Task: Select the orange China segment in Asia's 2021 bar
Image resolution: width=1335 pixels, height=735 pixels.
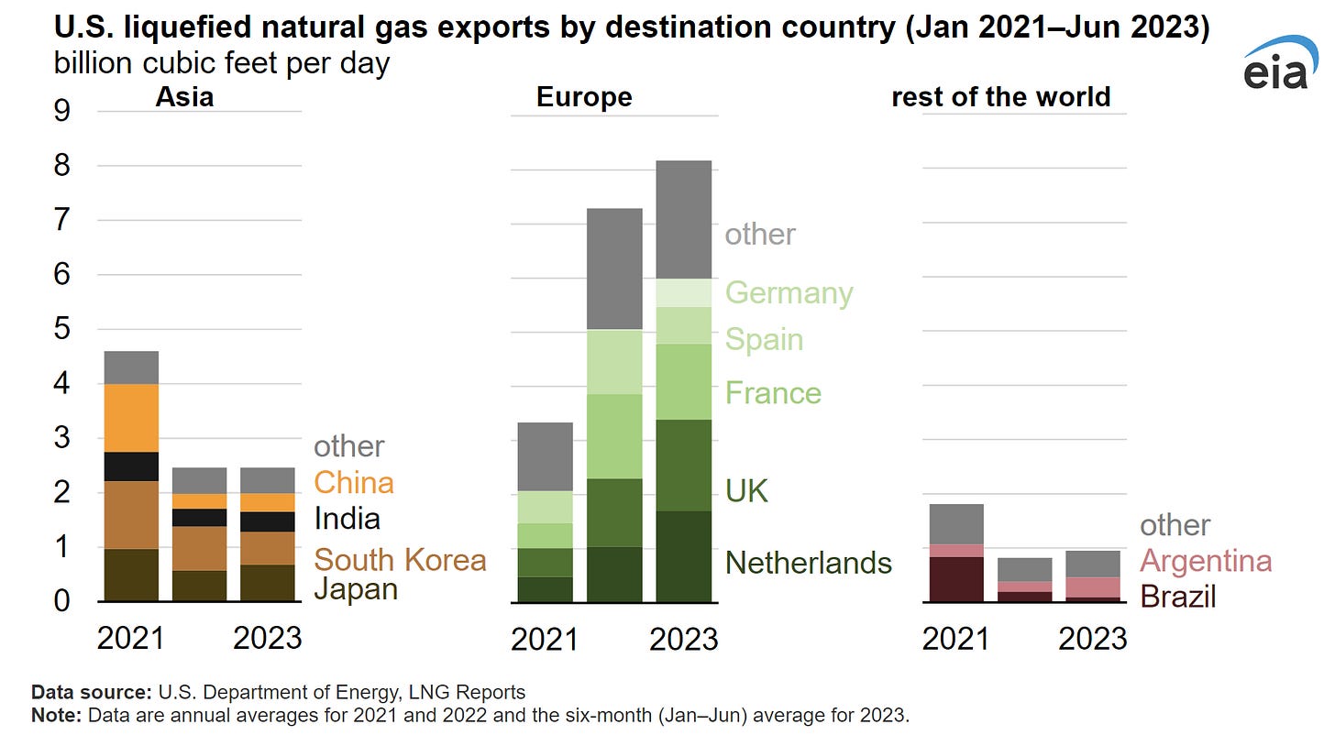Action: [x=131, y=418]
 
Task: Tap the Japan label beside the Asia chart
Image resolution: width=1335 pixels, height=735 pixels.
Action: [x=356, y=589]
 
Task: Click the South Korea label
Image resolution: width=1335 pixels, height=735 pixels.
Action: [x=400, y=559]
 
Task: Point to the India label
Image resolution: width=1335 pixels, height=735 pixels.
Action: [x=347, y=519]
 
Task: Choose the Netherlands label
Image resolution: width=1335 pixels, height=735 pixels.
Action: [x=808, y=562]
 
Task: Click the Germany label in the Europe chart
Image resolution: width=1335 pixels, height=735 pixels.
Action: [x=789, y=292]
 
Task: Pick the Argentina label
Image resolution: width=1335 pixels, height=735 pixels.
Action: [x=1206, y=560]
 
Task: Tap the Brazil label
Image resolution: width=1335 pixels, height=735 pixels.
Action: [x=1177, y=597]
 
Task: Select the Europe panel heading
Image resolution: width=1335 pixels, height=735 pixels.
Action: [x=584, y=97]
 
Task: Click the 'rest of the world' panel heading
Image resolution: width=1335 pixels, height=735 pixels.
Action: [x=1000, y=97]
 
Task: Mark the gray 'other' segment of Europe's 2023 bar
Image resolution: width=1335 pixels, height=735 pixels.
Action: [x=683, y=220]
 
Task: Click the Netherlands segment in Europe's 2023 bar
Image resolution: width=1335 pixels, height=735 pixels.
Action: [x=683, y=556]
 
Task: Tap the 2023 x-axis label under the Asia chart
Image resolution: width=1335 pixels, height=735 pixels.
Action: [x=268, y=638]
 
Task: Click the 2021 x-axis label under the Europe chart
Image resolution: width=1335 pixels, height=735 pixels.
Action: [x=545, y=639]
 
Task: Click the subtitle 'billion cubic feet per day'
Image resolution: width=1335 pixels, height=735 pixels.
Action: [x=221, y=64]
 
